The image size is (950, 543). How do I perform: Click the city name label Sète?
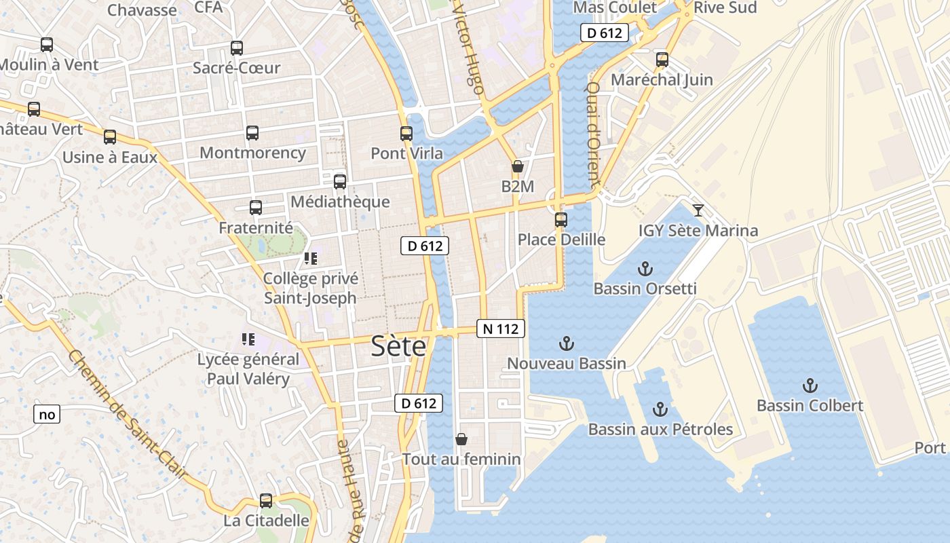(398, 347)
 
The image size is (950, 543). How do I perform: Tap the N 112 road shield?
(501, 329)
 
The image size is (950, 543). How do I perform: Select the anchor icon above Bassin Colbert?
(810, 386)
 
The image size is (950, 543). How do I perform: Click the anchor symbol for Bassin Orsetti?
(645, 269)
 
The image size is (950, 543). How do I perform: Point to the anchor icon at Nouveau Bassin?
(566, 343)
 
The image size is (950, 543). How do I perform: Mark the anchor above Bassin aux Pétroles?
(660, 409)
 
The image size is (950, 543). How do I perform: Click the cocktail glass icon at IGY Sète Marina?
(698, 210)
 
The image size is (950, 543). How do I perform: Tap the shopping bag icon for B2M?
(518, 166)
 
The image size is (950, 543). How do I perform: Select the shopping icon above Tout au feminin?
(461, 439)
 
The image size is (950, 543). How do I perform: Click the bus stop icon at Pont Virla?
(406, 134)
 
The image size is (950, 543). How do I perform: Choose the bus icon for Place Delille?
(561, 220)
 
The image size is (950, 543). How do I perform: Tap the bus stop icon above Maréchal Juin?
(662, 60)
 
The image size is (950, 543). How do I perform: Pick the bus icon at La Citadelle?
(266, 501)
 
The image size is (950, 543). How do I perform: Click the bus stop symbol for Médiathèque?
(340, 182)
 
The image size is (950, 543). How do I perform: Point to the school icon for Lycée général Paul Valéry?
(248, 339)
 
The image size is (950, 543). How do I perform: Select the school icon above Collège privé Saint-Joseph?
(311, 258)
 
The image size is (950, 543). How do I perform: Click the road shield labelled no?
(47, 414)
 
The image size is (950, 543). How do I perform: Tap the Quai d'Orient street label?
(592, 136)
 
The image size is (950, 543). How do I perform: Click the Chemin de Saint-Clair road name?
(127, 414)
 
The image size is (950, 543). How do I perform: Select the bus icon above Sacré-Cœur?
(236, 48)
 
